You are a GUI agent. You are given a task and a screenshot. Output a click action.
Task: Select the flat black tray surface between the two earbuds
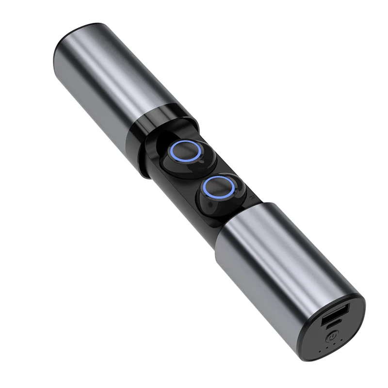199,170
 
